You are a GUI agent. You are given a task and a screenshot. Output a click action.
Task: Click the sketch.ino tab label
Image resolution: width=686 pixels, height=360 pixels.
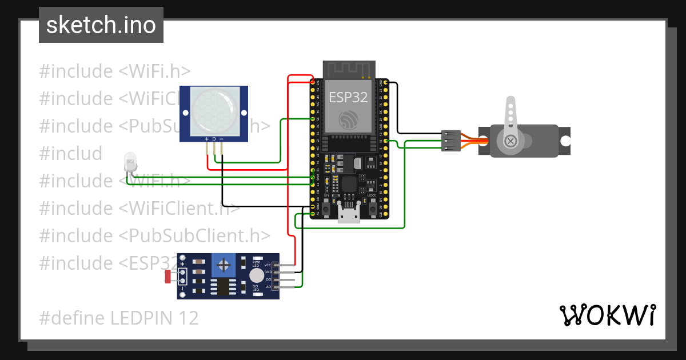tap(101, 25)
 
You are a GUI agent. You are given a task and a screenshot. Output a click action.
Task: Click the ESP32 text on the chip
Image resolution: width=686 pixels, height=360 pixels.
tap(348, 97)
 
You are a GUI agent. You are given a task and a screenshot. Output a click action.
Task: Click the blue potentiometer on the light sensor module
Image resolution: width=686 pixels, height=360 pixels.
tap(224, 265)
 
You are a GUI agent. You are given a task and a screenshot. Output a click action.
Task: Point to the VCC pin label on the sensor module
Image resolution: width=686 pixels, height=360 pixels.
tap(267, 265)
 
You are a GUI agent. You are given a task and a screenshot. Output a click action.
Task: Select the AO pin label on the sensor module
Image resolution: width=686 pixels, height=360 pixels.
tap(268, 287)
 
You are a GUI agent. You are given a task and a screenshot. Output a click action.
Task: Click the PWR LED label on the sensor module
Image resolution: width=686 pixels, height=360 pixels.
tap(256, 264)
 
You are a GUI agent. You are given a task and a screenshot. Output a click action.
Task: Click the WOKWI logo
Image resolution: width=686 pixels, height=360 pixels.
tap(607, 315)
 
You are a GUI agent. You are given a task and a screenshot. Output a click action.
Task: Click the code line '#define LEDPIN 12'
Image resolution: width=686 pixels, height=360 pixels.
tap(119, 318)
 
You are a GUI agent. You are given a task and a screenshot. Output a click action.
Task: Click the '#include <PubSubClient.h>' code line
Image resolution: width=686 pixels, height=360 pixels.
tap(154, 235)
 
